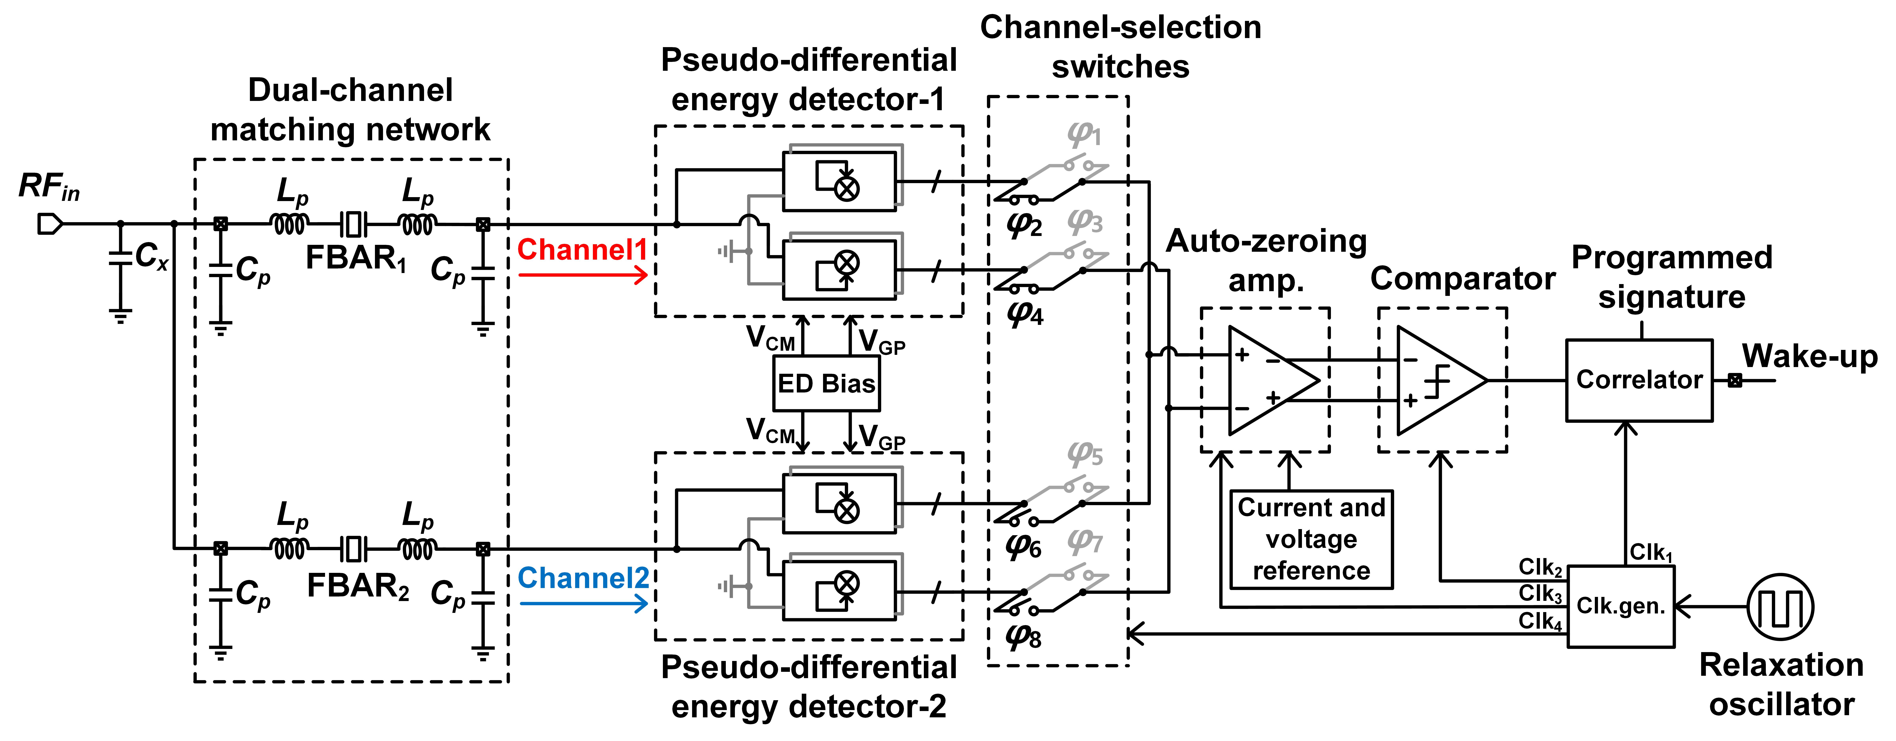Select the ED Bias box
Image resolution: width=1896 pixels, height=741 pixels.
coord(826,383)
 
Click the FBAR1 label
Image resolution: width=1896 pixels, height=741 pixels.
coord(356,259)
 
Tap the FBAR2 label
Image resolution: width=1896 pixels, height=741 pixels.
coord(358,586)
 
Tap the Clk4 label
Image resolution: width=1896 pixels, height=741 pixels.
coord(1540,621)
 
